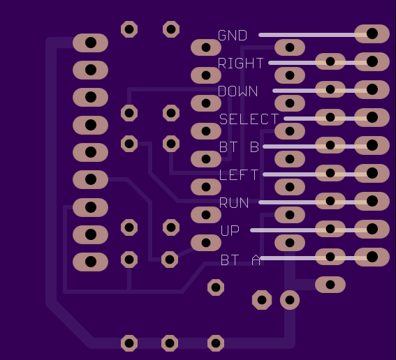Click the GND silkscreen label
pos(233,36)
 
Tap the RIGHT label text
pos(241,63)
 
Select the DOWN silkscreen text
pos(237,91)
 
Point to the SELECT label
pos(249,119)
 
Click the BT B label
pos(239,147)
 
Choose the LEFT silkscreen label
pos(239,174)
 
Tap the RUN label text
pos(234,202)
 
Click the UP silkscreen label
pos(230,230)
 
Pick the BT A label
pos(240,260)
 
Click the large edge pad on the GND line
pos(372,33)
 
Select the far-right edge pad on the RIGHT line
pos(372,61)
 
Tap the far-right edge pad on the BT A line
pos(372,257)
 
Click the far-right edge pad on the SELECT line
pos(372,117)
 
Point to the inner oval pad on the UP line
pos(330,229)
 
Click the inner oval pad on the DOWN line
pos(330,89)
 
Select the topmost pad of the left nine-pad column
pos(90,43)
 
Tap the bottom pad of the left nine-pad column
pos(90,262)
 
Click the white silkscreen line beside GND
pos(313,35)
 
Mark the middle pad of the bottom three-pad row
pos(170,343)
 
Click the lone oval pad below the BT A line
pos(330,285)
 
